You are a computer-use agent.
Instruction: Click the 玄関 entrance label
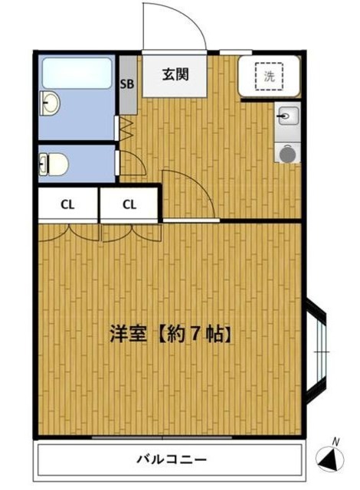pyautogui.click(x=175, y=74)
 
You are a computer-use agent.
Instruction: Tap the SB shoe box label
pyautogui.click(x=126, y=84)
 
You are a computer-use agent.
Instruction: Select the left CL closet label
pyautogui.click(x=67, y=204)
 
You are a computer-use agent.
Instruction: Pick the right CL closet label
pyautogui.click(x=129, y=204)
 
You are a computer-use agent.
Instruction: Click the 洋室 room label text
pyautogui.click(x=126, y=334)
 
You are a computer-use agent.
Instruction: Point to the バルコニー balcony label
pyautogui.click(x=171, y=460)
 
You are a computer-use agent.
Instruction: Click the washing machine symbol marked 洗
pyautogui.click(x=269, y=76)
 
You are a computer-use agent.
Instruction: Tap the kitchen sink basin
pyautogui.click(x=286, y=116)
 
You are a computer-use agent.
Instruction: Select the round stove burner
pyautogui.click(x=287, y=154)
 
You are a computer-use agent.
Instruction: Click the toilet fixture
pyautogui.click(x=56, y=162)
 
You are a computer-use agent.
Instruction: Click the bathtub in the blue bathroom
pyautogui.click(x=77, y=72)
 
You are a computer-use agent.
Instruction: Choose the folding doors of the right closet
pyautogui.click(x=129, y=230)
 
